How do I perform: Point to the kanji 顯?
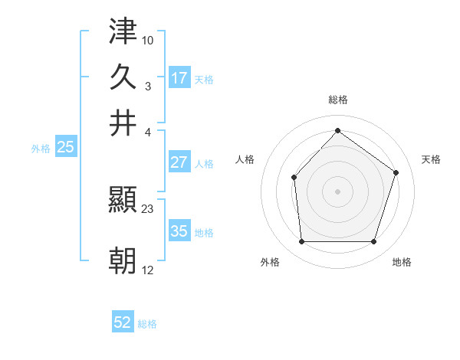123,201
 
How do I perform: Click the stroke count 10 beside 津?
148,39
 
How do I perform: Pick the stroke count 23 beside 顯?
148,208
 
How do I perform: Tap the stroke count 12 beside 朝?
148,270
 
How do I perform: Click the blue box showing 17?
179,78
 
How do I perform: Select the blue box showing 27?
179,162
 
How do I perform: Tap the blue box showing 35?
179,231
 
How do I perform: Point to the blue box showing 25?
65,148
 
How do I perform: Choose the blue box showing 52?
123,322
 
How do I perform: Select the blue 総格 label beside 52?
147,324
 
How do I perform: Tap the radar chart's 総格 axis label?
337,100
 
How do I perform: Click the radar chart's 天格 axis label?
431,159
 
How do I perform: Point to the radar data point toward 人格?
294,178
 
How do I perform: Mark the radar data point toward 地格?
373,242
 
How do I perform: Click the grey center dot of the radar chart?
337,191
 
